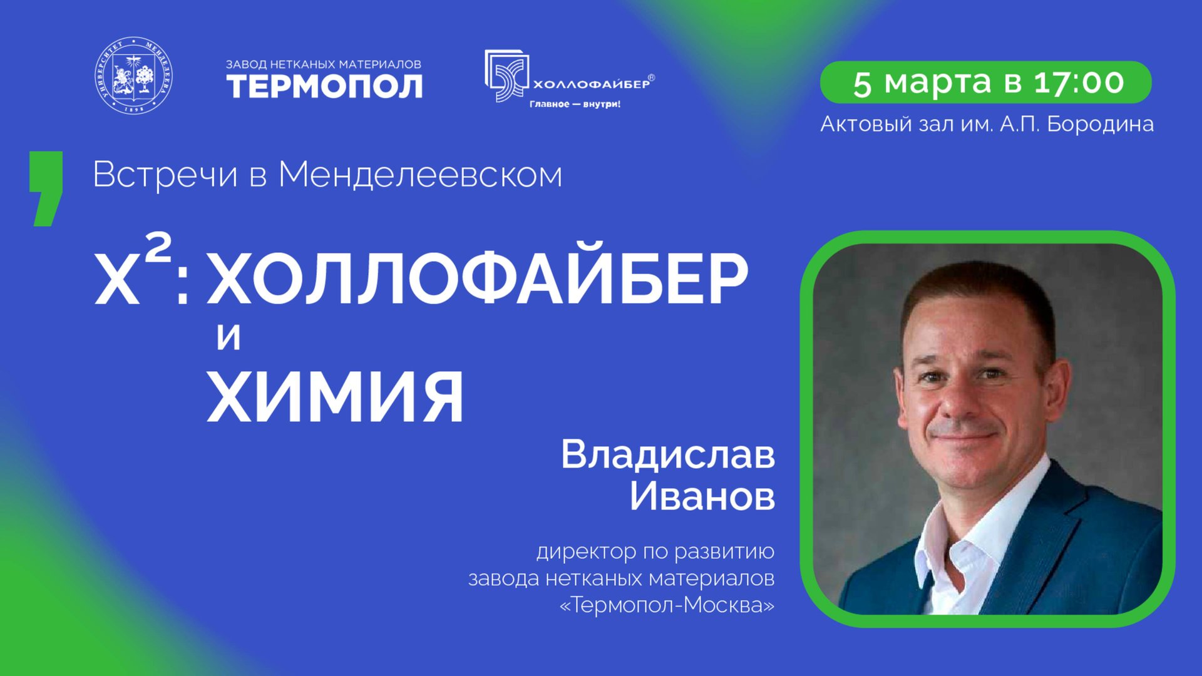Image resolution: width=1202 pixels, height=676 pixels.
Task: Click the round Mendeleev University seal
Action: point(133,75)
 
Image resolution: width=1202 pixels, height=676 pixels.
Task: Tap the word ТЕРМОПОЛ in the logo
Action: point(324,86)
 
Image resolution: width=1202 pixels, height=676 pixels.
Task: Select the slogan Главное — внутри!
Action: point(575,104)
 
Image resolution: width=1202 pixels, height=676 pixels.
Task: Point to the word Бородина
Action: point(1100,124)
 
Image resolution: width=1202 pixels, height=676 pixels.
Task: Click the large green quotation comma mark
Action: point(46,188)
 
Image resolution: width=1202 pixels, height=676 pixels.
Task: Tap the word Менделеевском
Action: point(420,175)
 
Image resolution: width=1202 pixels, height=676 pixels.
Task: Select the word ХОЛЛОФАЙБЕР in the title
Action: point(477,279)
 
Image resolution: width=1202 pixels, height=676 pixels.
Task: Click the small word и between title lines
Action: point(229,337)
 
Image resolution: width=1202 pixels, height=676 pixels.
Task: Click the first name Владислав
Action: point(667,454)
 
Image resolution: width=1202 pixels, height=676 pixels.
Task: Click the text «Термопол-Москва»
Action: point(667,605)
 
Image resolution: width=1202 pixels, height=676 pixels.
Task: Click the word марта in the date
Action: point(937,82)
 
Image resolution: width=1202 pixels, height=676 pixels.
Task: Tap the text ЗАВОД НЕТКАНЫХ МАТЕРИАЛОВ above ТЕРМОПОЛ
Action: point(323,64)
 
